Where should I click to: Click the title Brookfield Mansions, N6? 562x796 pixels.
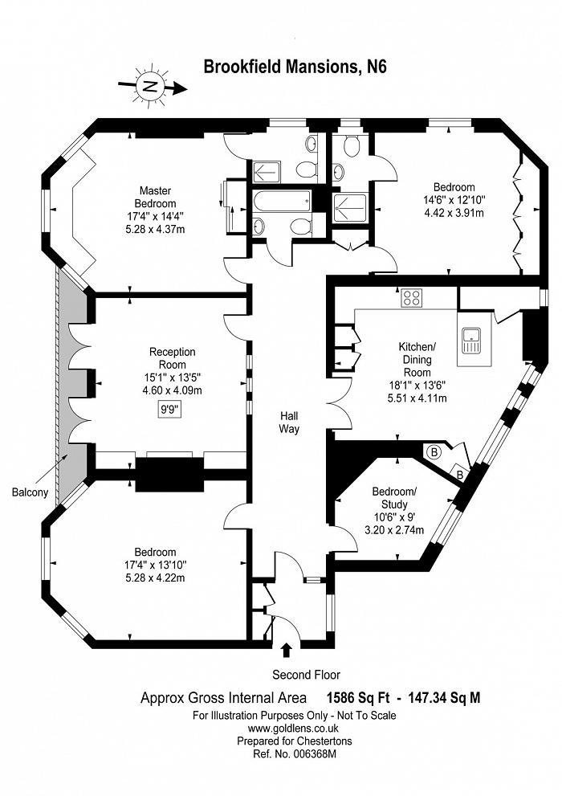coord(295,67)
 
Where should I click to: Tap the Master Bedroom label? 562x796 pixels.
coord(155,197)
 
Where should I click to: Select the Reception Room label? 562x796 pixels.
coord(172,358)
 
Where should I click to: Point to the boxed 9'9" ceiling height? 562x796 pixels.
coord(167,410)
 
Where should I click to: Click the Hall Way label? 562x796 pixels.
coord(289,422)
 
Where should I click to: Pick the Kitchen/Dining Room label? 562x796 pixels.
coord(417,359)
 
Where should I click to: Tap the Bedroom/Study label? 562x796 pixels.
coord(394,497)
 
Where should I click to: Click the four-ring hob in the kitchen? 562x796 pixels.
coord(411,297)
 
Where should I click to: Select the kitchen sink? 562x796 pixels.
coord(471,340)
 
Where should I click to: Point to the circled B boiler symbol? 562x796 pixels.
coord(434,451)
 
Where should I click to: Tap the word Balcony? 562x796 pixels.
coord(30,492)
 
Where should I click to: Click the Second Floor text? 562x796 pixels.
coord(307,675)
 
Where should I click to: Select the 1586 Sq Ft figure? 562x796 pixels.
coord(358,698)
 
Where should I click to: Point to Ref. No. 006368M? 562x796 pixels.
coord(294,754)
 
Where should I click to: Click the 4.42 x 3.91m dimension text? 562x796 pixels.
coord(454,213)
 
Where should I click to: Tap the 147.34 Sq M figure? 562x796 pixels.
coord(442,698)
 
